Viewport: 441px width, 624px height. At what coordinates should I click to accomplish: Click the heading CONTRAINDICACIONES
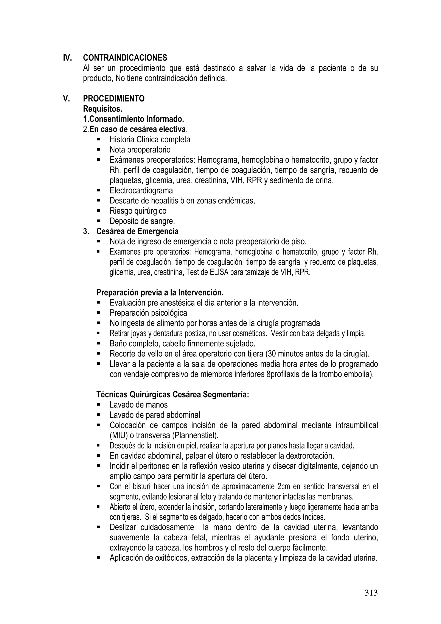tap(125, 58)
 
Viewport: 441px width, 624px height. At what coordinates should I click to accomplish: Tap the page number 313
tap(371, 593)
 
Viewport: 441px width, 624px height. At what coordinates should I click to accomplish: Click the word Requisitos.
tap(102, 109)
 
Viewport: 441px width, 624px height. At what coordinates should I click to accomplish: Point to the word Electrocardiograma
tap(141, 190)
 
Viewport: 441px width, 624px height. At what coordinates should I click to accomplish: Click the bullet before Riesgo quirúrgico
tap(98, 211)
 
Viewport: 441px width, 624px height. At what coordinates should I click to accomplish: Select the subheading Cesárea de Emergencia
tap(137, 231)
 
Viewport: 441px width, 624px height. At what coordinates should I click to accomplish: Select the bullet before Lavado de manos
tap(98, 405)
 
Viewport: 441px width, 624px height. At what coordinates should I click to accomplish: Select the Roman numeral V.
tap(66, 99)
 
